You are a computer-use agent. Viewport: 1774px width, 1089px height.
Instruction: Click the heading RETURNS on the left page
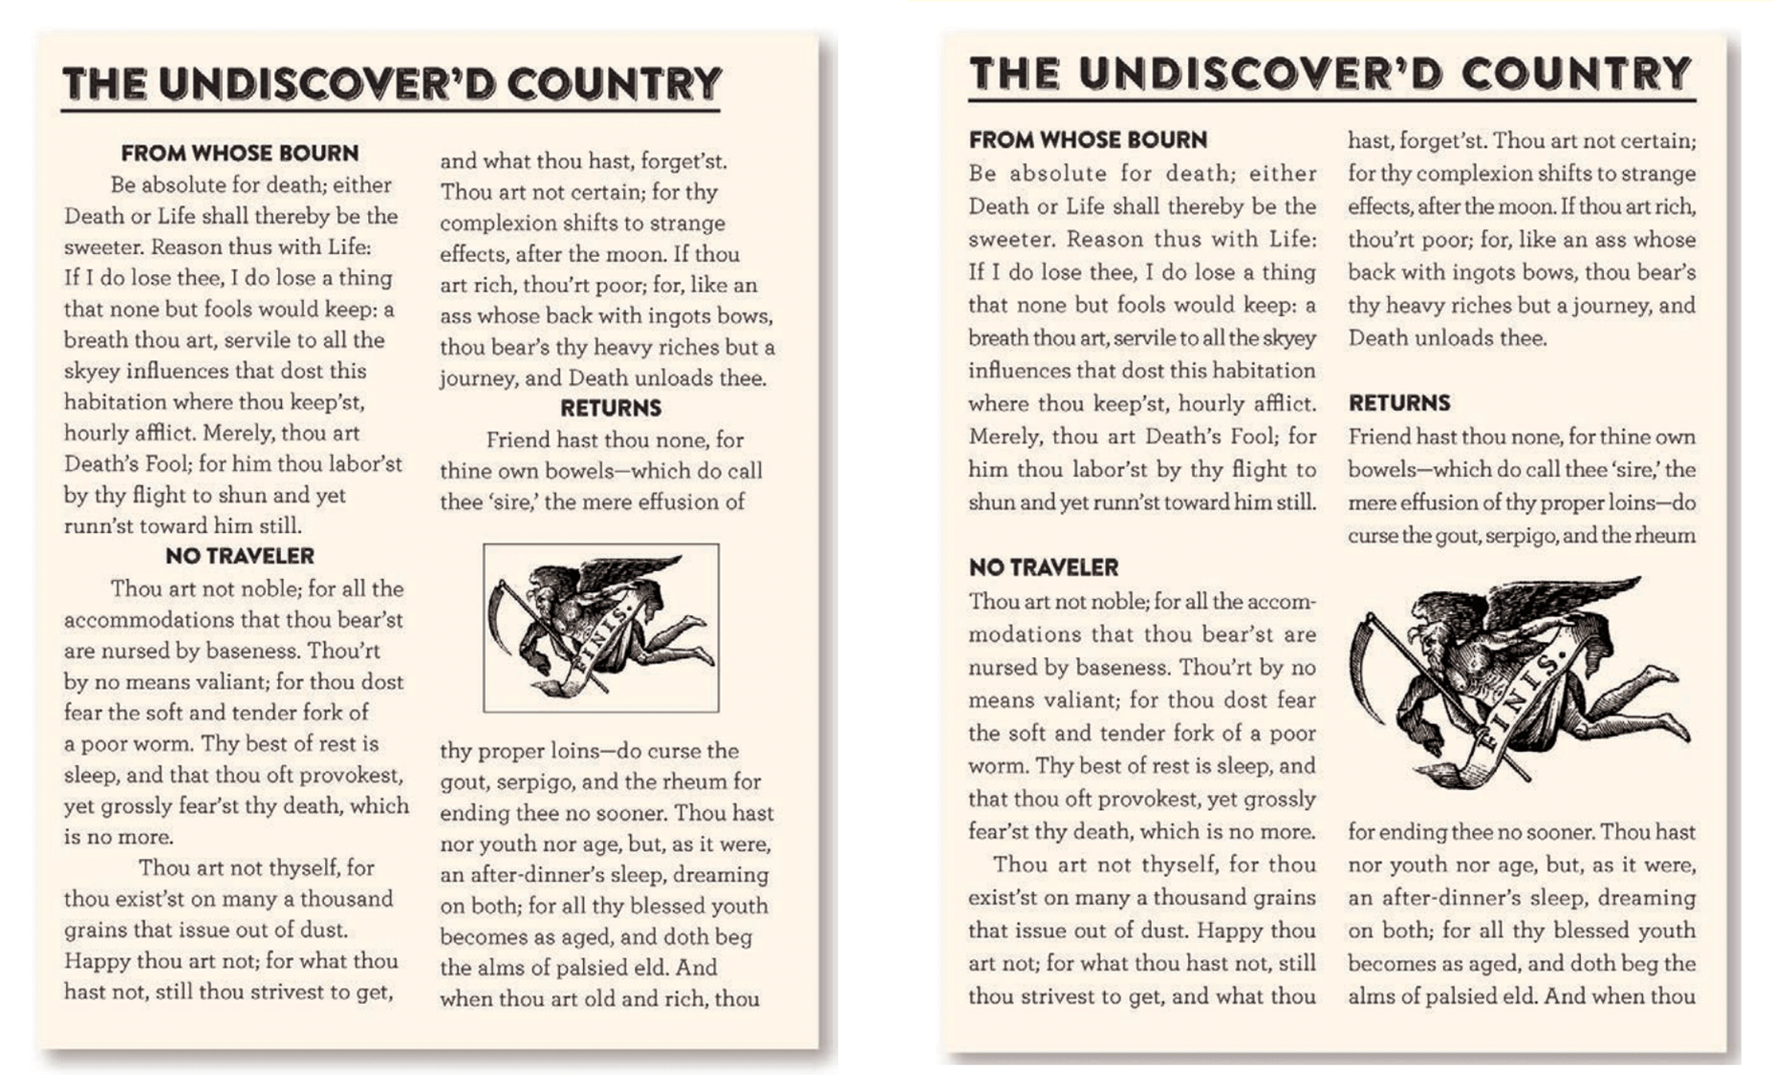click(611, 408)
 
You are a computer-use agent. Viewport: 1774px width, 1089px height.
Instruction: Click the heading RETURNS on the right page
click(1399, 402)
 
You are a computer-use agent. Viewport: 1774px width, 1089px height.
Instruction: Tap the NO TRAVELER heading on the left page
click(239, 556)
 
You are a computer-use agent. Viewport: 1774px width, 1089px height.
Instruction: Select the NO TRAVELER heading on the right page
click(1043, 567)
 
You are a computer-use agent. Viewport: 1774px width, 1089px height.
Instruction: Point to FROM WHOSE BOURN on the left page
click(240, 153)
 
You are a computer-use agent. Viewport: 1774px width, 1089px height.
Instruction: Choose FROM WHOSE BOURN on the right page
click(1088, 139)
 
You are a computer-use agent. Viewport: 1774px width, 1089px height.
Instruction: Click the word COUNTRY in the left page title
click(614, 84)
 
